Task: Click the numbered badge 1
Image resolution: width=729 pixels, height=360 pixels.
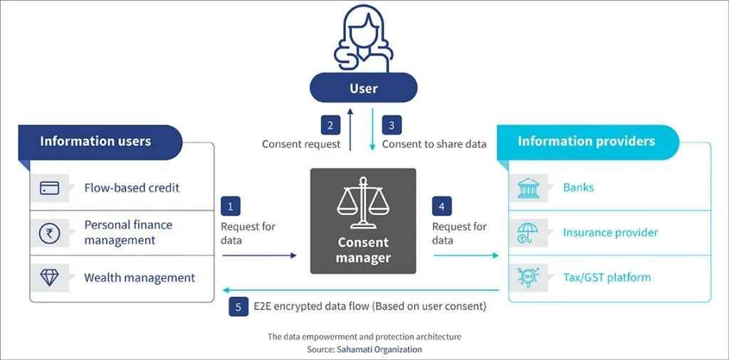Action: (x=230, y=206)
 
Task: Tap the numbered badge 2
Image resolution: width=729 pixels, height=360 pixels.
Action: (x=330, y=125)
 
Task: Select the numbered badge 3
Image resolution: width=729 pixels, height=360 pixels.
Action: (x=392, y=125)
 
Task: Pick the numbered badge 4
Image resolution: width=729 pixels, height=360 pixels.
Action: (x=441, y=206)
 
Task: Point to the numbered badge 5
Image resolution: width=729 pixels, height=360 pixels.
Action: (x=238, y=307)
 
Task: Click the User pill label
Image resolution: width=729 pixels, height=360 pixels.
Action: (x=364, y=88)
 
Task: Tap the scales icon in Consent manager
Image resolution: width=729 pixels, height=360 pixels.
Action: (x=363, y=203)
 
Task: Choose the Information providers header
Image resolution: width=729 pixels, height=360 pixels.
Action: (x=587, y=142)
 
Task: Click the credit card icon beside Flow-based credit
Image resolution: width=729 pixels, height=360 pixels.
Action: (x=49, y=188)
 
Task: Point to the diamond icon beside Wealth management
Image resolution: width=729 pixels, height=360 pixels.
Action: (x=49, y=277)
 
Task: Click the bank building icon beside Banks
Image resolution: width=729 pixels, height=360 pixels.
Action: (x=528, y=188)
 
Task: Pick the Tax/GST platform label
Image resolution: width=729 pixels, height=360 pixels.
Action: (x=607, y=277)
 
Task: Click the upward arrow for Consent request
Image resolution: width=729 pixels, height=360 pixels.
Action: (x=350, y=129)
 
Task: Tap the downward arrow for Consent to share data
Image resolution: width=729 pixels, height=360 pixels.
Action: (x=372, y=129)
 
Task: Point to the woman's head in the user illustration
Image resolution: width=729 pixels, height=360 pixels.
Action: (x=364, y=28)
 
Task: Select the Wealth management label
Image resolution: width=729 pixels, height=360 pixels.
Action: (x=140, y=278)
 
